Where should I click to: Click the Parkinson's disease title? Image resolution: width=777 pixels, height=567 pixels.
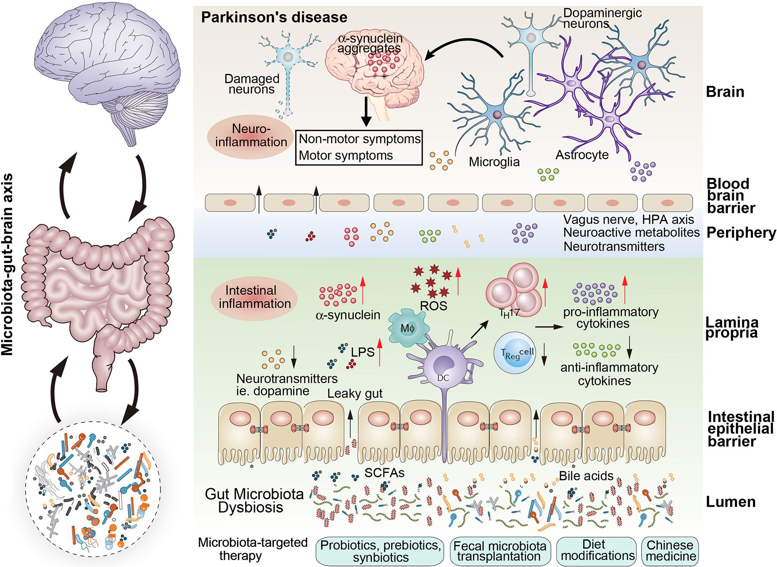click(x=274, y=17)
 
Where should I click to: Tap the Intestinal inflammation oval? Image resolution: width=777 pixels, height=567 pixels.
click(x=254, y=297)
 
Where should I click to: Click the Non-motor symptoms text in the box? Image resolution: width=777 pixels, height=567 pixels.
click(x=359, y=139)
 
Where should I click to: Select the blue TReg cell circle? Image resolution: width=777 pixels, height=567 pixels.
click(x=515, y=353)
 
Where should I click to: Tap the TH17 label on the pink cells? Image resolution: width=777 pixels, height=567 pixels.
click(x=509, y=313)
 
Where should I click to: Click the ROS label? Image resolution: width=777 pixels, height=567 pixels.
click(x=433, y=306)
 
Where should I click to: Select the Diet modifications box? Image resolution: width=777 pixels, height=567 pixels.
click(x=597, y=550)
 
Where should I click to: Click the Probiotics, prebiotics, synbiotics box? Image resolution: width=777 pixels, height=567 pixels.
click(x=380, y=551)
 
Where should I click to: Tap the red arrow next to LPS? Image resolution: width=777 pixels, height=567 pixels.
click(x=380, y=352)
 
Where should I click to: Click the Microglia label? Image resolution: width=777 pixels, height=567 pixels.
click(x=494, y=162)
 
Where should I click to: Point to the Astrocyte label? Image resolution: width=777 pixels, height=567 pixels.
click(x=582, y=155)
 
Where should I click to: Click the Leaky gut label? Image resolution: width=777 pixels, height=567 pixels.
click(x=354, y=393)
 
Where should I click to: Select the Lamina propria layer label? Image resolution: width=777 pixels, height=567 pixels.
click(x=731, y=328)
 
